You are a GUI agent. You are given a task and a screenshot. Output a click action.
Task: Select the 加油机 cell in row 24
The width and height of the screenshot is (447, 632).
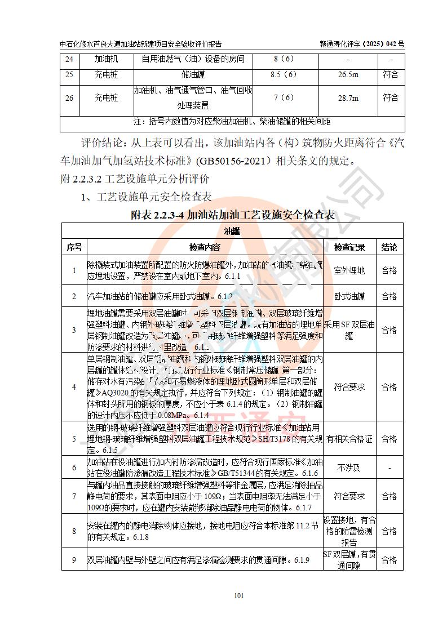coord(106,59)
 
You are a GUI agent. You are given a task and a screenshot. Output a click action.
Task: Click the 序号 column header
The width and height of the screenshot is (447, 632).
coord(74,247)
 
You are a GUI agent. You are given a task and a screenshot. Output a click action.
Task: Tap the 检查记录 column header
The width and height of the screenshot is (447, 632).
coord(349,247)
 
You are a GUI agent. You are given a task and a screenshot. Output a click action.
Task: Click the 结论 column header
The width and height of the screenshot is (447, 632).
coord(389,247)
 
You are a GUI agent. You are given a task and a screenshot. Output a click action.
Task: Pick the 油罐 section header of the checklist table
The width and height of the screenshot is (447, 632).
coord(232,231)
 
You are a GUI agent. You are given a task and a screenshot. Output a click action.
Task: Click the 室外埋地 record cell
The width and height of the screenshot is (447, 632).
coord(349,271)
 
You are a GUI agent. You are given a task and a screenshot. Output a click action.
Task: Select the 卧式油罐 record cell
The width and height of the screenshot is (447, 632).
coord(349,296)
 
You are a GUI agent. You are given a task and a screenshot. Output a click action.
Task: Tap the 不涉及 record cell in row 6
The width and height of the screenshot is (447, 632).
coord(349,468)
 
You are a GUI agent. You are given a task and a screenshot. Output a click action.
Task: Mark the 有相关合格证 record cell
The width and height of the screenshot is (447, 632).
coord(349,438)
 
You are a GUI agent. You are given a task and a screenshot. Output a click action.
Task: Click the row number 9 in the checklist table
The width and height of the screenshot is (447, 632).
coord(74,560)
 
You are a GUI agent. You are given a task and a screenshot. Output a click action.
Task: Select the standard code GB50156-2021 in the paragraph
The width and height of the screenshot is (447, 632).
coord(233,161)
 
